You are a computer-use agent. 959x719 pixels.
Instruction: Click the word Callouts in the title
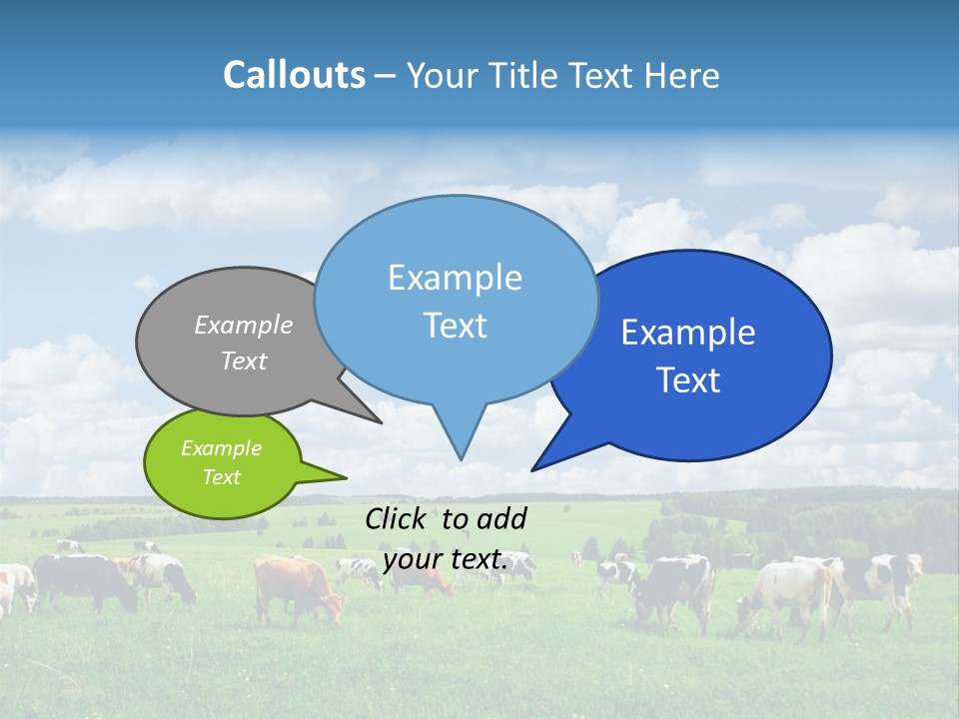point(294,76)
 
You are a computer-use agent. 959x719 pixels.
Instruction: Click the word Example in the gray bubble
point(244,325)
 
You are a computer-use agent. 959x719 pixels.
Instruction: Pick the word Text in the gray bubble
point(244,360)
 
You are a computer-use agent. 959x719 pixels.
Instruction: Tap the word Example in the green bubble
point(221,448)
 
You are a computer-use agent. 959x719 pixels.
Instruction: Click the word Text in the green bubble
point(221,477)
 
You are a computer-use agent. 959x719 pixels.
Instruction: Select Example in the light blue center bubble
point(455,278)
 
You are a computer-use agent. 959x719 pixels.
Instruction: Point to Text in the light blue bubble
point(455,326)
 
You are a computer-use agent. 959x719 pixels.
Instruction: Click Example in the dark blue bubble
point(688,333)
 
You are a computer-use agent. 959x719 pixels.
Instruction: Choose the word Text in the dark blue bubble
point(688,380)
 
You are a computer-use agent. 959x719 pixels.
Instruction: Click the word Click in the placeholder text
point(398,518)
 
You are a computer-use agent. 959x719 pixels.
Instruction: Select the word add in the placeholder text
point(501,518)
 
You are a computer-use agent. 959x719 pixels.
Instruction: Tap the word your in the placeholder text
point(412,559)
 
